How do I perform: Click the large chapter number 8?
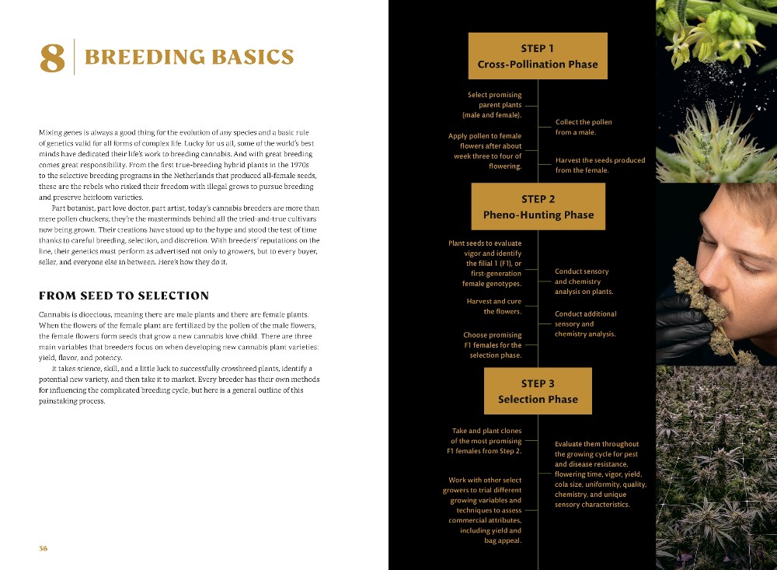52,59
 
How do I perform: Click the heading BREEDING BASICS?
189,58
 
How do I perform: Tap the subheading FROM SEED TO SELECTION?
124,295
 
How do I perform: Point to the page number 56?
44,547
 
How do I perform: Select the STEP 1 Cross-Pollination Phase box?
538,56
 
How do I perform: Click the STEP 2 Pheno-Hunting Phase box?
538,207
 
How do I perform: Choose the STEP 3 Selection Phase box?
538,391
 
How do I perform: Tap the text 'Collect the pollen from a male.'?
584,127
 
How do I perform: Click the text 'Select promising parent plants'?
493,105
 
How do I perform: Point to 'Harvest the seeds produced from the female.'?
600,165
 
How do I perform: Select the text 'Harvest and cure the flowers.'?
493,306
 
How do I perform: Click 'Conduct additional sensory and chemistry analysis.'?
585,323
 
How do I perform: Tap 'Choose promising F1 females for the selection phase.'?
492,345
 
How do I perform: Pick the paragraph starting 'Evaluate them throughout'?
600,474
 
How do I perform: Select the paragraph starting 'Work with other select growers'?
485,510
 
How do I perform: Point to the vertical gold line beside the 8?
74,57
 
